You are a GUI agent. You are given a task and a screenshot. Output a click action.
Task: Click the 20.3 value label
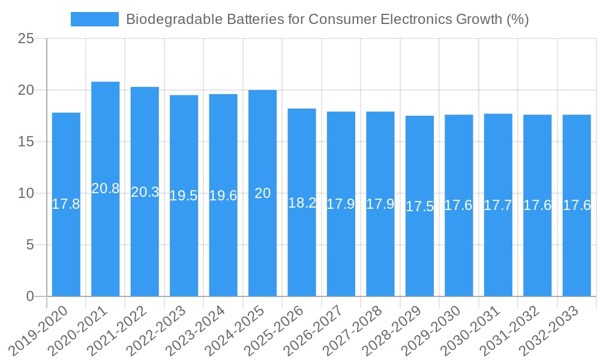pos(145,192)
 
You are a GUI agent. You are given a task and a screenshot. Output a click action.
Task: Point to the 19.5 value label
pos(184,196)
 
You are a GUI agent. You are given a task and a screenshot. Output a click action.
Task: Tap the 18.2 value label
pos(302,203)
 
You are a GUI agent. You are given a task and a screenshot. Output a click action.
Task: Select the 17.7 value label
pos(498,205)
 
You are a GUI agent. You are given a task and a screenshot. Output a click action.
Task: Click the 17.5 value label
pos(419,207)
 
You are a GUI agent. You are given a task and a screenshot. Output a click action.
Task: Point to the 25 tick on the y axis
pos(26,39)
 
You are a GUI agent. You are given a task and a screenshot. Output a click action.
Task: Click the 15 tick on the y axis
pos(26,142)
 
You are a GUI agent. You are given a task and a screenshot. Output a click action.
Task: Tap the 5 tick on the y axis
pos(30,245)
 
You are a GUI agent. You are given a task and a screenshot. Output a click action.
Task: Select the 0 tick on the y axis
pos(30,296)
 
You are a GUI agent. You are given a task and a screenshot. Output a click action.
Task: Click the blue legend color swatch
pos(94,19)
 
